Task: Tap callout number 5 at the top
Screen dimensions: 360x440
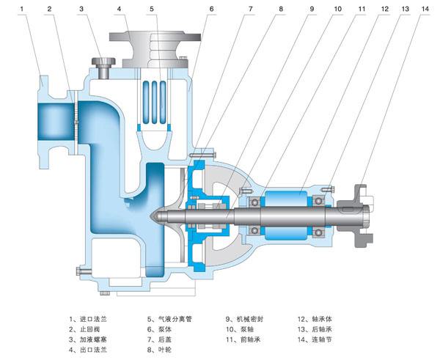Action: click(150, 9)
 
